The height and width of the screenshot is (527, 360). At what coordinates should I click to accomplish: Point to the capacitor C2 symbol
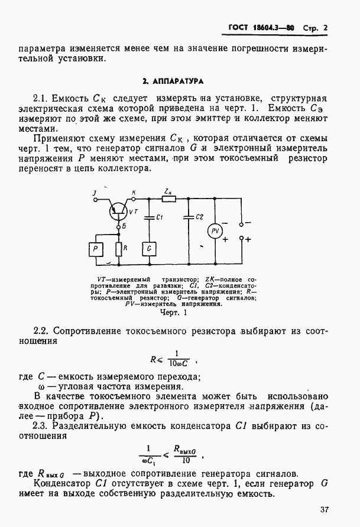click(188, 217)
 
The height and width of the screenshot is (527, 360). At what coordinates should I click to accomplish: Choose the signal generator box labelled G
click(150, 248)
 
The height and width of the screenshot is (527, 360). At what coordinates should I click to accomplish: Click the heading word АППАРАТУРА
click(186, 79)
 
